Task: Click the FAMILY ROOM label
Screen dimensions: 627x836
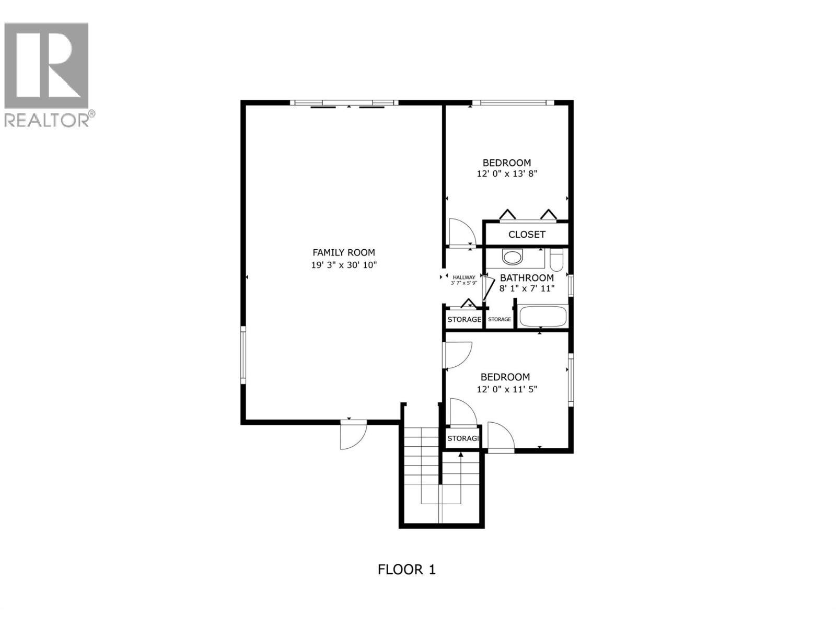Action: (343, 252)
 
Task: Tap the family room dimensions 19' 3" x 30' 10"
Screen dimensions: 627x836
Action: (343, 265)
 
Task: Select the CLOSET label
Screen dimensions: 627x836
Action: (527, 235)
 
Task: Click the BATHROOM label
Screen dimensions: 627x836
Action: (527, 277)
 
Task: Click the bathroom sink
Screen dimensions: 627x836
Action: (512, 257)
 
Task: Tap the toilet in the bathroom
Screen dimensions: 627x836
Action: (556, 260)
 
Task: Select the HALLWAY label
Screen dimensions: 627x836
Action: (464, 277)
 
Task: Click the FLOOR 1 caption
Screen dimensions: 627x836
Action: (407, 569)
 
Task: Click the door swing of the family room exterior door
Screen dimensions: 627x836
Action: (353, 435)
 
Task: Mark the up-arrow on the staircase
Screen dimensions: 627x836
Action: (461, 456)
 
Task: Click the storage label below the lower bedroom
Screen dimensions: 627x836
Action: (463, 438)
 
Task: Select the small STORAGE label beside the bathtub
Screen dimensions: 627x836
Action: (500, 319)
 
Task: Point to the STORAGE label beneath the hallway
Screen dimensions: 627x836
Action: (464, 319)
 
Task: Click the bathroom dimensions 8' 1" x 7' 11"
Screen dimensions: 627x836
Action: (527, 288)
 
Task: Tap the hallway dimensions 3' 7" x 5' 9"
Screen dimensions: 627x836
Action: (464, 283)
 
